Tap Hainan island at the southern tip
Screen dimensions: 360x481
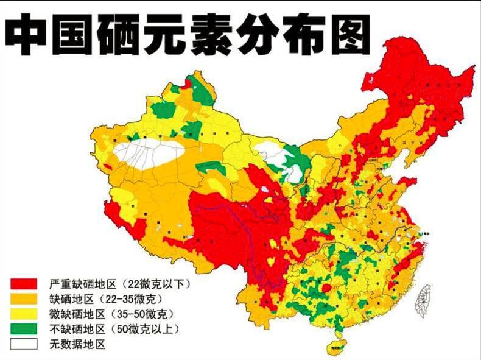pyautogui.click(x=334, y=347)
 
